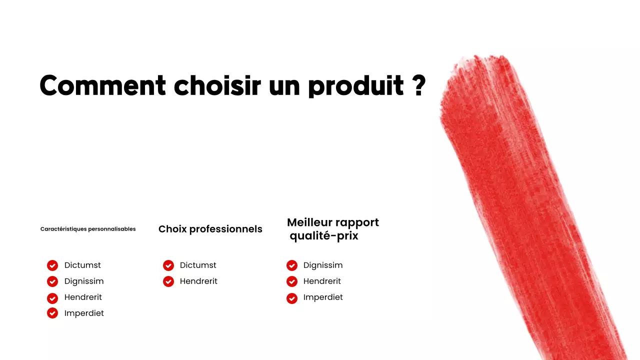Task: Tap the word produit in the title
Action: click(x=356, y=86)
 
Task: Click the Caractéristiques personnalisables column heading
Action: click(x=88, y=229)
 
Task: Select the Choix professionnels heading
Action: click(x=210, y=229)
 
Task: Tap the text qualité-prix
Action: click(x=324, y=236)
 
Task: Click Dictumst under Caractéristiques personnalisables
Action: click(x=82, y=265)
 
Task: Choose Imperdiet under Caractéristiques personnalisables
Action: click(x=84, y=313)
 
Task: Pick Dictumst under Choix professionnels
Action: click(x=198, y=265)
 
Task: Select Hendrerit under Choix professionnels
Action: click(x=198, y=281)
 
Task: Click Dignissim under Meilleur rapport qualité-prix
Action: click(x=323, y=265)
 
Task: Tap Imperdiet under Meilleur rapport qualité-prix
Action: click(x=323, y=297)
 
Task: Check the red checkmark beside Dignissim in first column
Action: click(x=52, y=281)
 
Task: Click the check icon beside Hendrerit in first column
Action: click(x=52, y=297)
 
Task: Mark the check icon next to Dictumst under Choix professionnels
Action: click(x=168, y=265)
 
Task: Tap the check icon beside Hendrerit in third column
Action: click(x=292, y=281)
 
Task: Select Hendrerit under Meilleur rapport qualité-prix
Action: click(x=322, y=281)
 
